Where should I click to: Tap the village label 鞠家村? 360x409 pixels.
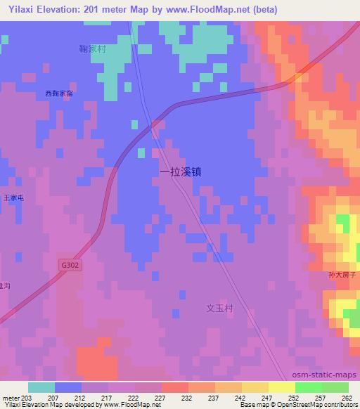[92, 50]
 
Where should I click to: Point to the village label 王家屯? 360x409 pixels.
[14, 199]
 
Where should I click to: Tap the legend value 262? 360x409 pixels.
[346, 397]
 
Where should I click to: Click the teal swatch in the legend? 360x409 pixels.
[41, 387]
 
